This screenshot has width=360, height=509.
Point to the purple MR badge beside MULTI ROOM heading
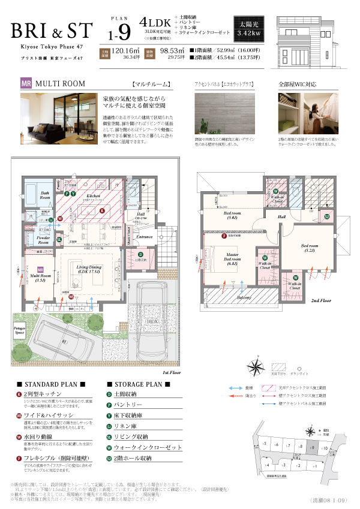click(x=26, y=85)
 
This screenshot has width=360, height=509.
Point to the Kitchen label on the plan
click(x=92, y=196)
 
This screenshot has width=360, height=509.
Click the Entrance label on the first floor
click(x=145, y=237)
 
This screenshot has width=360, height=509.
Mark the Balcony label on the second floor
click(x=243, y=297)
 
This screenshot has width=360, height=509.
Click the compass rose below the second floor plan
click(x=256, y=365)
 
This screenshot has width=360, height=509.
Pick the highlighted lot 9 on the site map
click(x=310, y=446)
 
